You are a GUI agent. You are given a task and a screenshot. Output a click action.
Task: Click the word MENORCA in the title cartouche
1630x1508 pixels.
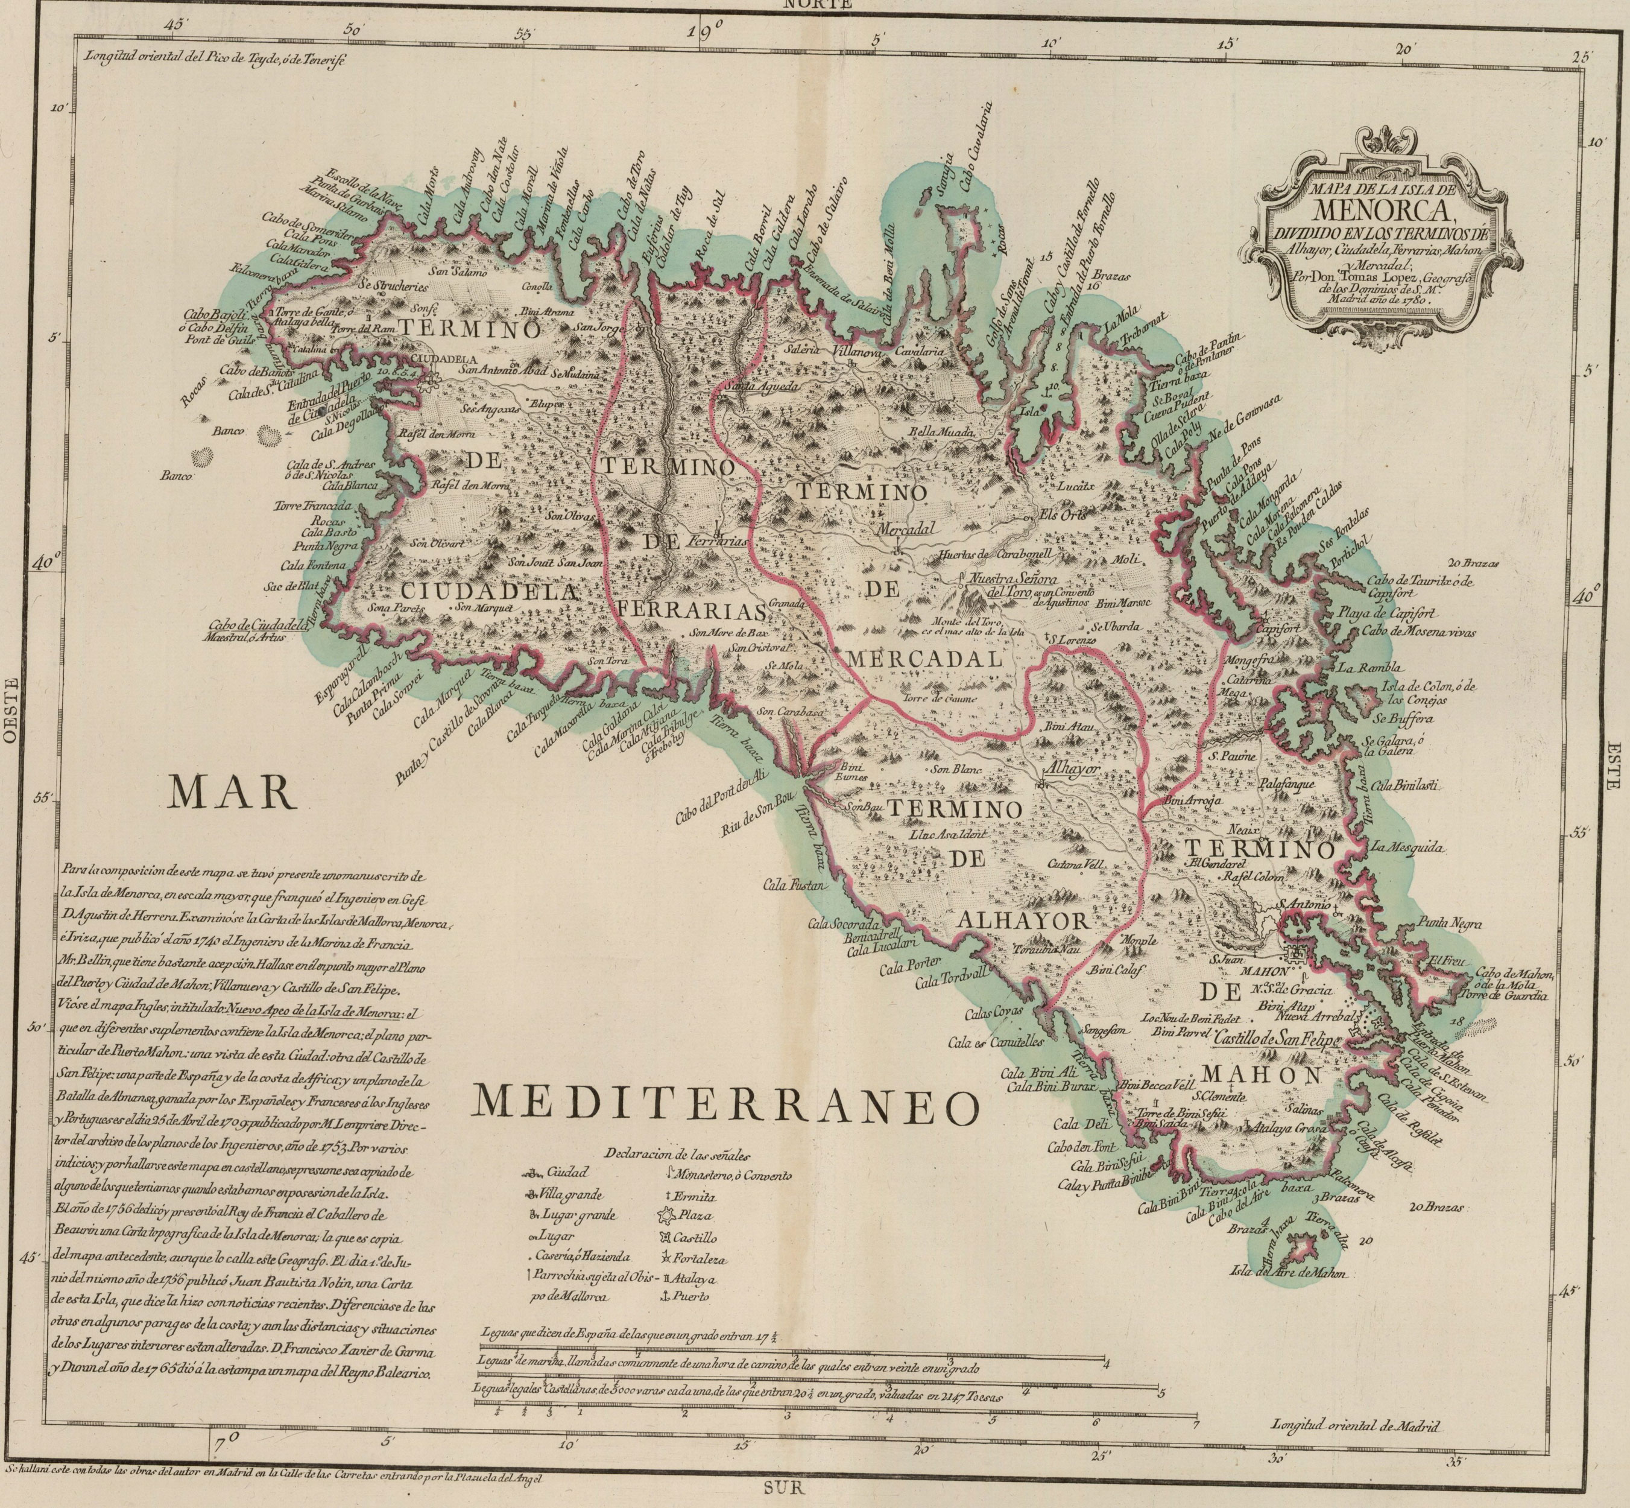pyautogui.click(x=1378, y=211)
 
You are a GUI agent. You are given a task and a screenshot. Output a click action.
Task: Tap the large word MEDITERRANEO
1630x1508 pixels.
pyautogui.click(x=725, y=1104)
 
